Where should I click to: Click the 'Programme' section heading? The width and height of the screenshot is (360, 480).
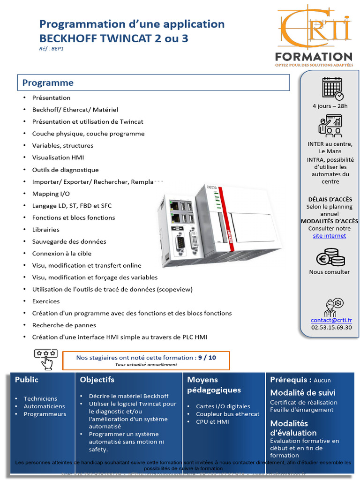coord(48,83)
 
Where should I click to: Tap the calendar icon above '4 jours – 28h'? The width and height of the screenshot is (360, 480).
coord(332,88)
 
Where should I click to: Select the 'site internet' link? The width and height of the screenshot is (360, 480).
coord(330,236)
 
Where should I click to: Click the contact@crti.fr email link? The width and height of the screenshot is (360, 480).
coord(331,320)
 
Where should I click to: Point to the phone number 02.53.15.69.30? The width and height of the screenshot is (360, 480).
coord(331,328)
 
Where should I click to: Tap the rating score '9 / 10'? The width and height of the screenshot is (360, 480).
coord(207,357)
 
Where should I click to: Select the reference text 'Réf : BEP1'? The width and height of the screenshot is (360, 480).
coord(51,48)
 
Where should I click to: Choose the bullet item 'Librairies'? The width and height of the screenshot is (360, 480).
coord(45,230)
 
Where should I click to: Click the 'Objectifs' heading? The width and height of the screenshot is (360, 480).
coord(97,380)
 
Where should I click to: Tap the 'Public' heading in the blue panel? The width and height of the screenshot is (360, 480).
coord(27,380)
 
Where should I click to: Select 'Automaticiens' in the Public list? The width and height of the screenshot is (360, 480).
coord(44,406)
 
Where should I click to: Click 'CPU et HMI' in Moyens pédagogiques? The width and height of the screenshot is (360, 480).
coord(212,421)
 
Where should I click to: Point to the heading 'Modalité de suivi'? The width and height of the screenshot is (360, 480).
coord(303,392)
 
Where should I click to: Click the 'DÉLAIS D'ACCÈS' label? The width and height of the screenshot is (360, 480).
coord(330,199)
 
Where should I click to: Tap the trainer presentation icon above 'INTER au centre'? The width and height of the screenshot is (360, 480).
coord(330,126)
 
